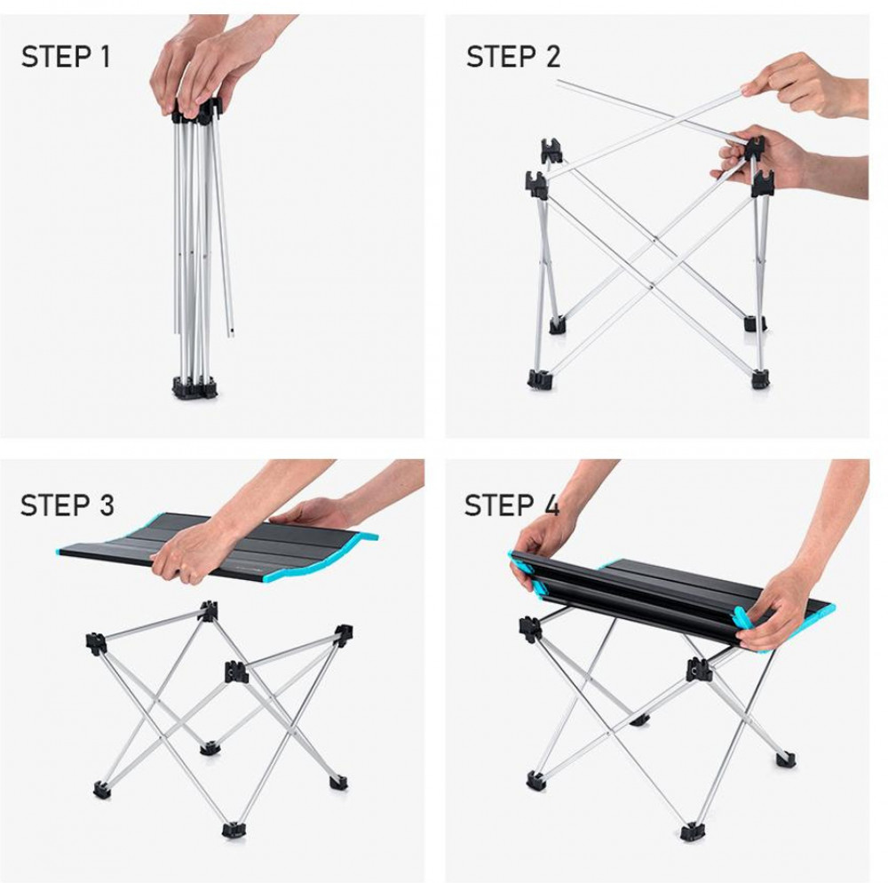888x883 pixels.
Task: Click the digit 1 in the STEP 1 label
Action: coord(104,57)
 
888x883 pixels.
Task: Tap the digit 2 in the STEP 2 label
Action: coord(551,57)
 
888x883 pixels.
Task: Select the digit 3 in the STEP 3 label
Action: coord(106,505)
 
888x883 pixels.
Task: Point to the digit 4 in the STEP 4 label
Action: coord(551,505)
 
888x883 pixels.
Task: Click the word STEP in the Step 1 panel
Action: coord(56,57)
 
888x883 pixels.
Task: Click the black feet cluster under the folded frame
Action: coord(194,386)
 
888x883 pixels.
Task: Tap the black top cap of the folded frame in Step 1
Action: coord(195,111)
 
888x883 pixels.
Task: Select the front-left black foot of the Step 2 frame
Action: coord(540,379)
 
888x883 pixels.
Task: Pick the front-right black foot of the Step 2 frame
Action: coord(761,379)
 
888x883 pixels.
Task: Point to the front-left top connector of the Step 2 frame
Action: coord(536,185)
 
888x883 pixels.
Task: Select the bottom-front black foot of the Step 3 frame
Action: coord(234,830)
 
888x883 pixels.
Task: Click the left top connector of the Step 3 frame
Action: coord(96,645)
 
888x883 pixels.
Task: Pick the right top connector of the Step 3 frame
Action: coord(343,635)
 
